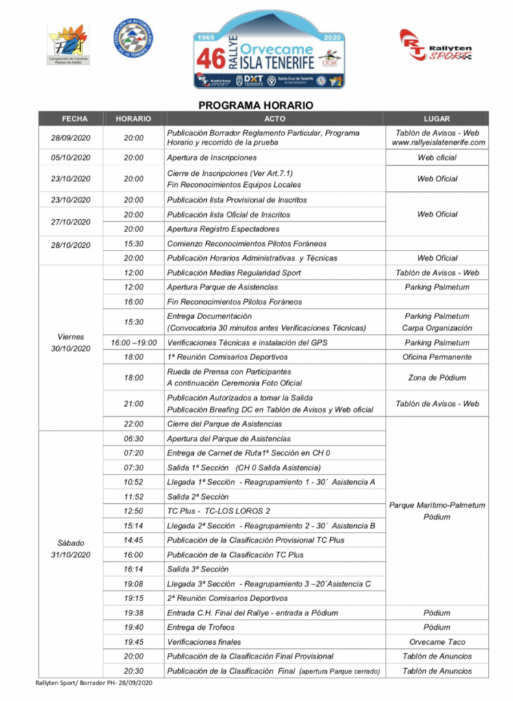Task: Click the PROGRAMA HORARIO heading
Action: pos(255,105)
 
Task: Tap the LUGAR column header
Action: pos(437,118)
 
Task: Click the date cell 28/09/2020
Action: pos(71,138)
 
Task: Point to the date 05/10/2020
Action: pos(71,157)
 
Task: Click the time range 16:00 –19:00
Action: pos(134,342)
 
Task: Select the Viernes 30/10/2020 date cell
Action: pos(71,342)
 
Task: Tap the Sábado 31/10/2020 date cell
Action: pos(71,548)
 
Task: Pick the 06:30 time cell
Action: pos(134,439)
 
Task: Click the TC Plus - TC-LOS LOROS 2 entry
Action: pos(218,511)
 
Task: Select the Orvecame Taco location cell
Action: pos(437,642)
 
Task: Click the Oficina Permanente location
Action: pos(437,357)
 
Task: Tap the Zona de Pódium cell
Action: pos(437,377)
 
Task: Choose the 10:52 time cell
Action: pos(134,482)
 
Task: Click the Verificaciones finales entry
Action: pos(204,642)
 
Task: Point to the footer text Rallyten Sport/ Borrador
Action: pos(93,683)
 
